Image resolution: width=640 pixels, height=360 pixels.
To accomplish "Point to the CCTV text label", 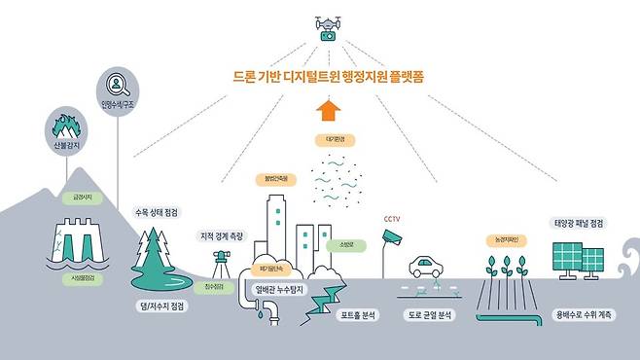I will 392,219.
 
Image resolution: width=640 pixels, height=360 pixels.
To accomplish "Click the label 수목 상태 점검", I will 159,211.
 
